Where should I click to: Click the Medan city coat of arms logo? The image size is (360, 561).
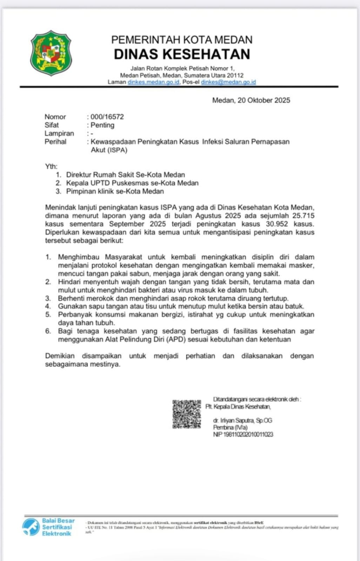click(51, 53)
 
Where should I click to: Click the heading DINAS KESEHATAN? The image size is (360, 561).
click(182, 54)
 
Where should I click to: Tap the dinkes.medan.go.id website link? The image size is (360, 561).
click(153, 82)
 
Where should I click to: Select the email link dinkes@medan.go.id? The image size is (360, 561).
click(228, 82)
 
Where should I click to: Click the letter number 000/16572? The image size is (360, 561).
click(107, 117)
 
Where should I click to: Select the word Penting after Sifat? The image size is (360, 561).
click(102, 125)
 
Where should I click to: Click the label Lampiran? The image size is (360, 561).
click(59, 133)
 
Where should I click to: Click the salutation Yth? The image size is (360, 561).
click(51, 166)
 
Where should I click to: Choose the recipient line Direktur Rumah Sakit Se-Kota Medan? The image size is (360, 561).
click(125, 175)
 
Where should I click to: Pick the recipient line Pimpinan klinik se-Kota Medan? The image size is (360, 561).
click(115, 191)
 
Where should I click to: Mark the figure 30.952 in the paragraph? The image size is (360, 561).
click(276, 224)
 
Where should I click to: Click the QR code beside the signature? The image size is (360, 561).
click(187, 414)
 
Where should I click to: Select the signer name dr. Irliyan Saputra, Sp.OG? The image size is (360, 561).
click(242, 420)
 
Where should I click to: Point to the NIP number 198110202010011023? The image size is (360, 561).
click(243, 434)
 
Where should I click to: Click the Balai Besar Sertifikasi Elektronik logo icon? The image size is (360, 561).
click(31, 527)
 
